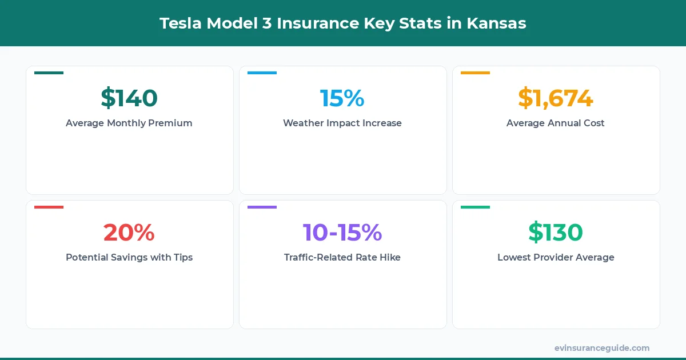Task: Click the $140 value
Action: [129, 98]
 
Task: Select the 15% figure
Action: [342, 98]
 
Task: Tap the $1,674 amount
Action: [556, 98]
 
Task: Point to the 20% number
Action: [129, 233]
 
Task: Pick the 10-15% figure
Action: [342, 233]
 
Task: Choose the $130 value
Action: [556, 233]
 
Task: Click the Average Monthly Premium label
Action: [129, 123]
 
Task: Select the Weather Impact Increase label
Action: [342, 123]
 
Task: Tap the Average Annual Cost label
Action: [556, 123]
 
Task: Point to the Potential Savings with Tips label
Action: [129, 257]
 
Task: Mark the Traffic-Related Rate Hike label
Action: [342, 257]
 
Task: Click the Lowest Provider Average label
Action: [556, 257]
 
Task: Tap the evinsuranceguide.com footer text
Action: [602, 348]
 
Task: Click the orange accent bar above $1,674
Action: [475, 73]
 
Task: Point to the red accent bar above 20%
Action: [49, 207]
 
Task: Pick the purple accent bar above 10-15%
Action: [262, 207]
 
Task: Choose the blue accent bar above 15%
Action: [262, 73]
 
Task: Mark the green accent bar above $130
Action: [475, 207]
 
